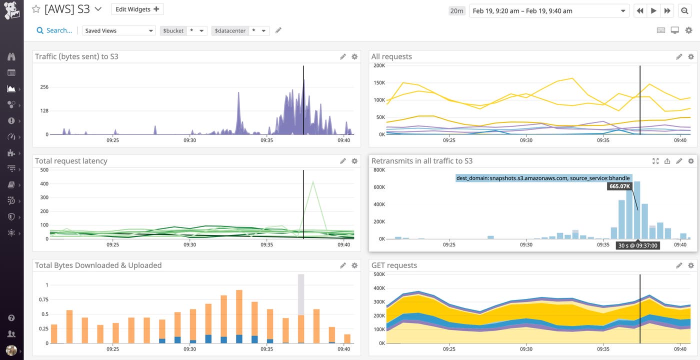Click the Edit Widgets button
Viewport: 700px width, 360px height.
137,9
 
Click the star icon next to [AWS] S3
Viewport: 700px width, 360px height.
35,9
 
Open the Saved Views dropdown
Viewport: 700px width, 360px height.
119,30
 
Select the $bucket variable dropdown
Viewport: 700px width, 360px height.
183,30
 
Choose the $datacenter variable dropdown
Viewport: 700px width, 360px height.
240,30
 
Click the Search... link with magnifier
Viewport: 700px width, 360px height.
54,30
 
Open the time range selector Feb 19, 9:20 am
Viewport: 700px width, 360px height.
548,10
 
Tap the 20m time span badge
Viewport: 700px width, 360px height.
456,10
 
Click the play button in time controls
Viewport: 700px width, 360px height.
653,10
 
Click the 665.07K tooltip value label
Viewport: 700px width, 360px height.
620,186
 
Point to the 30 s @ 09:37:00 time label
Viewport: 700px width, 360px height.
637,245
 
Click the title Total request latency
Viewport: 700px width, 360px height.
71,161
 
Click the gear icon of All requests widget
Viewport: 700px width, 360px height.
691,56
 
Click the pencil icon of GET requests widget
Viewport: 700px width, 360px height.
679,265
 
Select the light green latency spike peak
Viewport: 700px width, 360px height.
313,182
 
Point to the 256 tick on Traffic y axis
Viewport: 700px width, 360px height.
44,87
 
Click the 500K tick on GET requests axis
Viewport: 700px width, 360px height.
378,274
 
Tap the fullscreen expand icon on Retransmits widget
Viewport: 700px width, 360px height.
655,161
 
